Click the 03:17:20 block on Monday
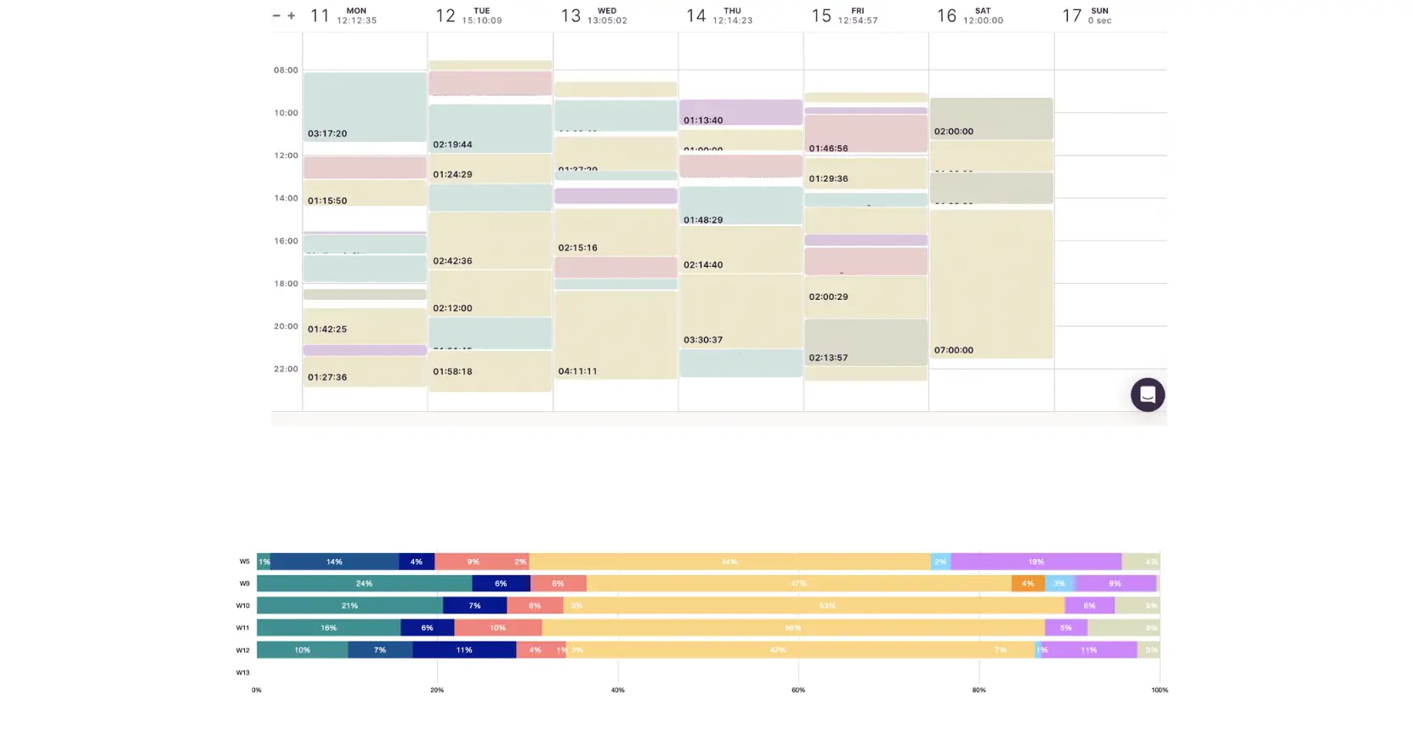[x=365, y=107]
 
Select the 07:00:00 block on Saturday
[x=991, y=284]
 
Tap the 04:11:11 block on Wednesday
[x=616, y=335]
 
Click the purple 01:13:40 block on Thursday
[x=741, y=112]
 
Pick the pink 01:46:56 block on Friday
[x=865, y=133]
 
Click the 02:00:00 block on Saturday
[x=991, y=119]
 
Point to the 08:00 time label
[x=286, y=71]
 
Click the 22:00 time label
[x=286, y=370]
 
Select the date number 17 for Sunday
[x=1071, y=16]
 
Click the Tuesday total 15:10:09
[x=482, y=20]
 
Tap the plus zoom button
[x=292, y=15]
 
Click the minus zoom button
[x=276, y=15]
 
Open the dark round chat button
[x=1147, y=395]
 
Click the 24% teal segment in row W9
[x=364, y=584]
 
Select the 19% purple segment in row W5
[x=1036, y=562]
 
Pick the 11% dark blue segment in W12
[x=464, y=650]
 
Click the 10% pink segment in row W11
[x=497, y=628]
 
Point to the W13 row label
[x=243, y=673]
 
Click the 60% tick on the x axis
[x=798, y=690]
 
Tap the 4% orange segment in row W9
[x=1028, y=584]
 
